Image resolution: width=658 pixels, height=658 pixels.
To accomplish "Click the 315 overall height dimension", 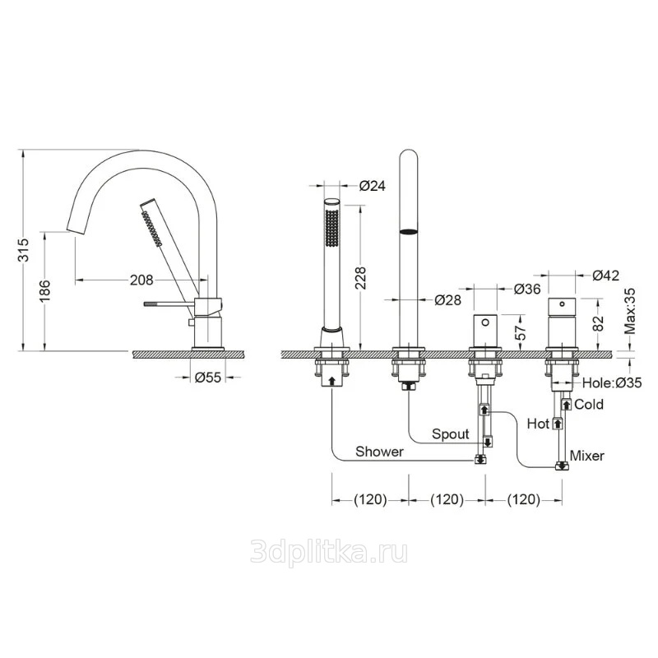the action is coord(24,250).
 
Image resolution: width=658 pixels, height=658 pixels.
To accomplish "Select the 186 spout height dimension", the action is coord(45,291).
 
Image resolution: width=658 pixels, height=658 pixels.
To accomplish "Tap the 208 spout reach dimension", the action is coord(141,280).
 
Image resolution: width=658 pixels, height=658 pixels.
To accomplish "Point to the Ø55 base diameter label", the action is coord(208,378).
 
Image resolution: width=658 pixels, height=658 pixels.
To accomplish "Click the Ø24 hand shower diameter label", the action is coord(373,185).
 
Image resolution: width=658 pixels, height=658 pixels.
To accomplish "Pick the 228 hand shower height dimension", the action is coord(360,278).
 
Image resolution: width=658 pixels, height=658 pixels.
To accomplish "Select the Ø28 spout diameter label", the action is coord(447,299).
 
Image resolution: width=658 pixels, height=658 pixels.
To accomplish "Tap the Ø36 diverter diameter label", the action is coord(527,289).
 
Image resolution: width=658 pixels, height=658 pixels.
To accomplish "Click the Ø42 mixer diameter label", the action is coord(605,276).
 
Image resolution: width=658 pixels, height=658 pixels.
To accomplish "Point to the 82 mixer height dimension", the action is coord(599,322).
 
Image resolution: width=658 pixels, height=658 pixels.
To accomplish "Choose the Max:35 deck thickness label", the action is coord(630,311).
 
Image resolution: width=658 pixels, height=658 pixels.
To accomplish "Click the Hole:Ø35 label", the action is coord(612,382).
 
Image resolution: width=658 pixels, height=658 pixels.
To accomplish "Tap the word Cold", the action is coord(589,404).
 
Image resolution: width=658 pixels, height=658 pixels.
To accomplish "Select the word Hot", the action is coord(538,424).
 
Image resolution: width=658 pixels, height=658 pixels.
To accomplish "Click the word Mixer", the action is coord(587,456).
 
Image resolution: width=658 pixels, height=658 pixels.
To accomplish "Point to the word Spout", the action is coord(450,434).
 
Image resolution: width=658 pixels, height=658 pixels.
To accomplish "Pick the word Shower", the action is coord(379,452).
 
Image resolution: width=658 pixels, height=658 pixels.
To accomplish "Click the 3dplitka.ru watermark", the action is coord(328,552).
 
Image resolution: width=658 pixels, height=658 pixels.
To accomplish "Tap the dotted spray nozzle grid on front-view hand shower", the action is coord(332,229).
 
